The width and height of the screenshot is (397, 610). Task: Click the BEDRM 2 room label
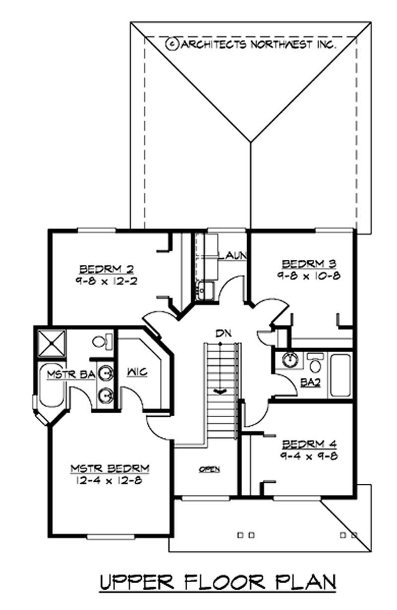click(x=107, y=269)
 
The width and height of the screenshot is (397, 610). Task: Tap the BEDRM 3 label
click(x=309, y=264)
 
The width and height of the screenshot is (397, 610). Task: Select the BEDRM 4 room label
click(x=309, y=444)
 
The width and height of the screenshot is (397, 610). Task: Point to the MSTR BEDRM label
click(x=110, y=468)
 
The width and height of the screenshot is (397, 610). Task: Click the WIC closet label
click(x=137, y=372)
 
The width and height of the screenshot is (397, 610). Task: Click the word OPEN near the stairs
click(x=209, y=469)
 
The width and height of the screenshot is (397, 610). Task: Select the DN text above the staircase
click(x=224, y=333)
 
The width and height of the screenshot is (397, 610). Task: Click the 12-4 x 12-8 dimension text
click(x=109, y=480)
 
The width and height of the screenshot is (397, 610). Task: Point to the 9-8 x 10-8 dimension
click(x=309, y=276)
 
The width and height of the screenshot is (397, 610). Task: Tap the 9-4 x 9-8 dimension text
click(x=309, y=456)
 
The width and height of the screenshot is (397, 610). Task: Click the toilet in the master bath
click(x=103, y=341)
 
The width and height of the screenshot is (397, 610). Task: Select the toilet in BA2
click(x=315, y=363)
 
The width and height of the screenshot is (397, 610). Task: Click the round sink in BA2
click(x=290, y=360)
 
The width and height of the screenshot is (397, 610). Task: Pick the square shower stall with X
click(x=52, y=343)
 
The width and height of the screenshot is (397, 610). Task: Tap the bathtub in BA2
click(x=340, y=376)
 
